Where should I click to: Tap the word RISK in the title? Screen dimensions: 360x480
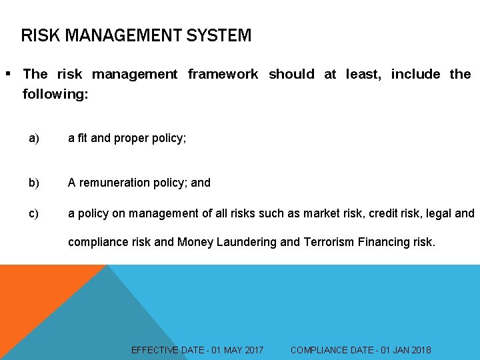point(38,35)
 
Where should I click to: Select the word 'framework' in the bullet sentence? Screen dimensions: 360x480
point(223,74)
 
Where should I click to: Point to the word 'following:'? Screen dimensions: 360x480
point(55,94)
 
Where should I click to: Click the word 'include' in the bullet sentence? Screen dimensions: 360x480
point(415,74)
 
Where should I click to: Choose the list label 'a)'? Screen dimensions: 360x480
point(34,138)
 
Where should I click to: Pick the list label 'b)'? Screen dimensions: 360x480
point(34,182)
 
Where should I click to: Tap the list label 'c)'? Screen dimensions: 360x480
point(34,213)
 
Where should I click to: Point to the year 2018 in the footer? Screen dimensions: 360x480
point(420,350)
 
